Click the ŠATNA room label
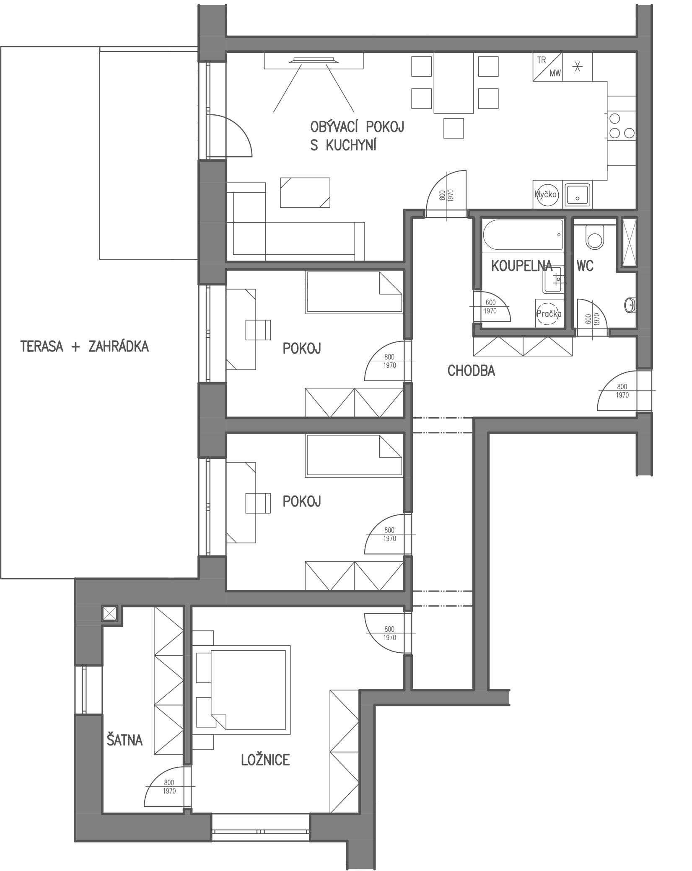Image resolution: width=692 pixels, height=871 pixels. pyautogui.click(x=124, y=739)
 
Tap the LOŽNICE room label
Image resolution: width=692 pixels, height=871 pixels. pyautogui.click(x=265, y=760)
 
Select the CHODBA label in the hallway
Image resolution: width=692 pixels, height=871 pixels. pyautogui.click(x=471, y=371)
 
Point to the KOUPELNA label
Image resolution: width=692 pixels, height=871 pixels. pyautogui.click(x=522, y=266)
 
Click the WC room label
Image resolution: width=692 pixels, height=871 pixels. pyautogui.click(x=585, y=266)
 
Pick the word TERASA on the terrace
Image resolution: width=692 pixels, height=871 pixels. pyautogui.click(x=42, y=346)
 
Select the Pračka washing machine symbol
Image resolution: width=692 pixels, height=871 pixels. pyautogui.click(x=549, y=313)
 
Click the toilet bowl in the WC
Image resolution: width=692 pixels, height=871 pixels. pyautogui.click(x=594, y=237)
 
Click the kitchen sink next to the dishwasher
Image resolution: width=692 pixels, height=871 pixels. pyautogui.click(x=577, y=195)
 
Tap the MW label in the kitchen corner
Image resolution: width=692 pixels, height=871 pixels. pyautogui.click(x=555, y=73)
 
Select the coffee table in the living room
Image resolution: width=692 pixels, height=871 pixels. pyautogui.click(x=305, y=193)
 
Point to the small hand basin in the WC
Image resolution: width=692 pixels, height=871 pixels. pyautogui.click(x=630, y=305)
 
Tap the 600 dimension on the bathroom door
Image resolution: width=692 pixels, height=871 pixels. pyautogui.click(x=490, y=302)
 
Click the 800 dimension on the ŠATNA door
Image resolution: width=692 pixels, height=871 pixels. pyautogui.click(x=169, y=782)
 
